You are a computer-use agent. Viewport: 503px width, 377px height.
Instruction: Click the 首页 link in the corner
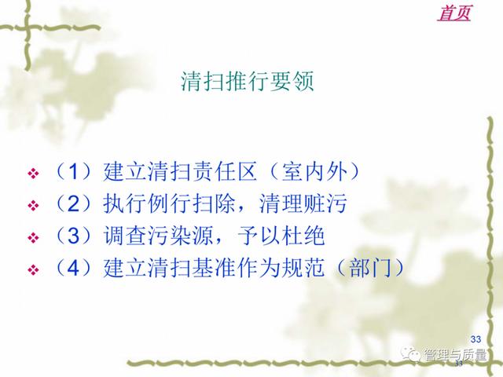[x=454, y=13]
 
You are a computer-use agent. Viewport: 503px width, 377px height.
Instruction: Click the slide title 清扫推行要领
[x=248, y=81]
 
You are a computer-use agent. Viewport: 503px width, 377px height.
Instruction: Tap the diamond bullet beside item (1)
[x=33, y=173]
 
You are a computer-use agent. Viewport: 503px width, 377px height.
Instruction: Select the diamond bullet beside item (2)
[x=33, y=205]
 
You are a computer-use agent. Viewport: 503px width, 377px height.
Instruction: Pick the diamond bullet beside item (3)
[x=33, y=237]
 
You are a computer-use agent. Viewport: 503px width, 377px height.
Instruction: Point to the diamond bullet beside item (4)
[x=33, y=269]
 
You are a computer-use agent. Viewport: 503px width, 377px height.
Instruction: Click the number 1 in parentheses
[x=73, y=171]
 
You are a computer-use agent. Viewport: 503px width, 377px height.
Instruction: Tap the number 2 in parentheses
[x=73, y=203]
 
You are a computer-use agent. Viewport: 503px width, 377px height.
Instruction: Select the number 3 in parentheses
[x=73, y=236]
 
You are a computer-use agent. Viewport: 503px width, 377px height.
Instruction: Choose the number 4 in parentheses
[x=73, y=268]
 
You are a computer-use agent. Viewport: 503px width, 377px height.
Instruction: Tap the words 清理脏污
[x=303, y=203]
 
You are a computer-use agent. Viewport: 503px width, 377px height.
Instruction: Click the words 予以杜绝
[x=281, y=236]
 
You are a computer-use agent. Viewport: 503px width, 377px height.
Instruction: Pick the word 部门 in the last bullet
[x=370, y=268]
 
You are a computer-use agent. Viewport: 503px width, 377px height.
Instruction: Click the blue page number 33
[x=475, y=339]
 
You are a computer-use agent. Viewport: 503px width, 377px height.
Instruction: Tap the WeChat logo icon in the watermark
[x=410, y=354]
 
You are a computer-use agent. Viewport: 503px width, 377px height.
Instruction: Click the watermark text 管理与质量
[x=455, y=354]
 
